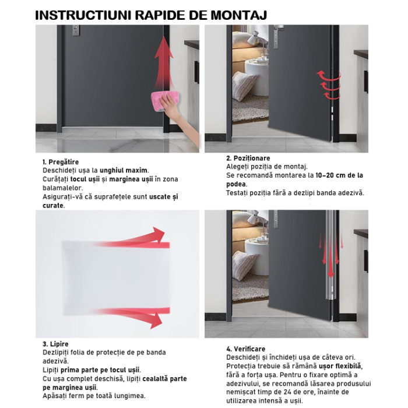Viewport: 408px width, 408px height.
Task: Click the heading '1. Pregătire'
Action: pos(61,162)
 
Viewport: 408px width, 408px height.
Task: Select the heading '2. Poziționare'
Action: pos(248,158)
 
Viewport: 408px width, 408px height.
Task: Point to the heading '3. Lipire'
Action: pos(55,344)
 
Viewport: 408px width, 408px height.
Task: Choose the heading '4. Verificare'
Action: pos(245,349)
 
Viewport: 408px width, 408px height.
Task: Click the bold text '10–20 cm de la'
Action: pos(339,175)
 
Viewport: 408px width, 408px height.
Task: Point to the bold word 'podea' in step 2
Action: pos(237,184)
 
